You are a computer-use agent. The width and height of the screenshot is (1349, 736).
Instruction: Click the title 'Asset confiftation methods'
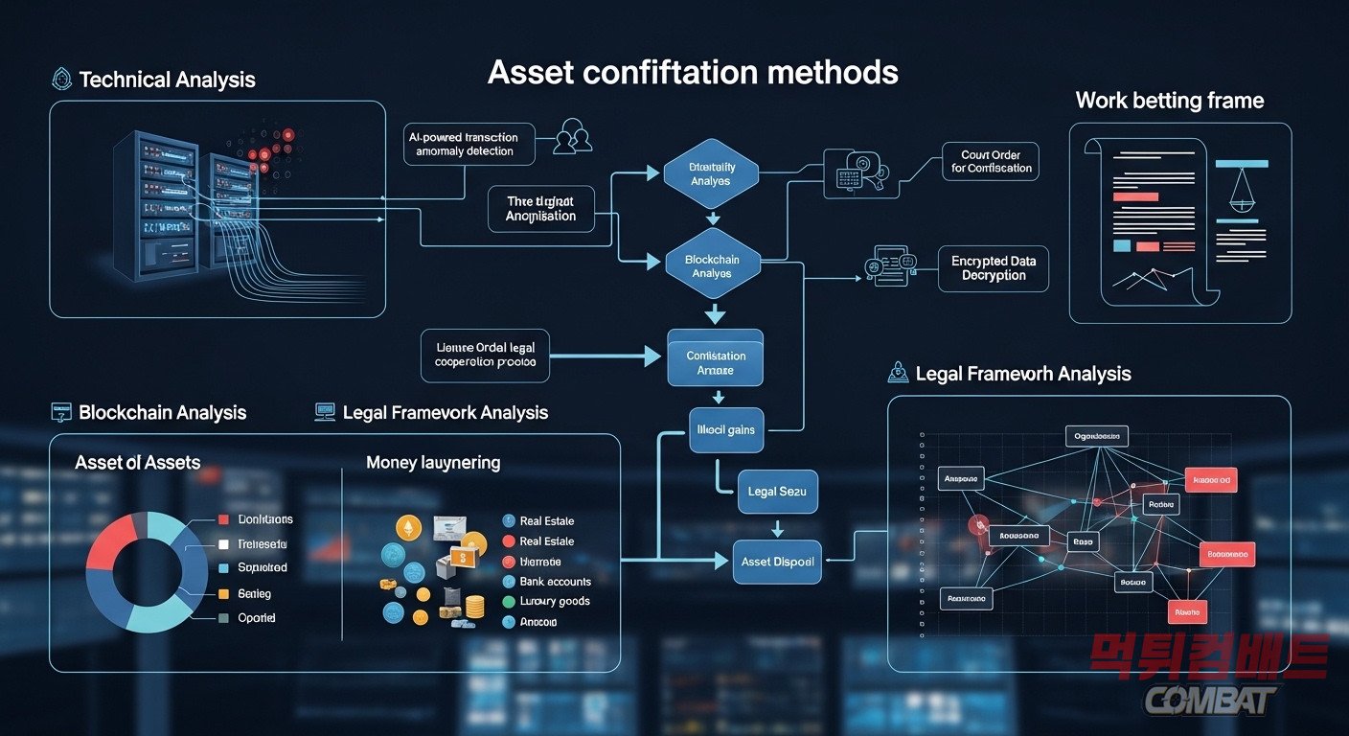coord(693,73)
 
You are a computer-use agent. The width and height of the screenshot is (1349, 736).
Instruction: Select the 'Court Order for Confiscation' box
coord(992,161)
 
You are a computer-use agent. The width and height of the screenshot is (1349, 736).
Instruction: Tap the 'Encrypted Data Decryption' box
coord(994,267)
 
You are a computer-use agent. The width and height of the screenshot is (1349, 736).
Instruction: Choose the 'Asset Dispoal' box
coord(777,562)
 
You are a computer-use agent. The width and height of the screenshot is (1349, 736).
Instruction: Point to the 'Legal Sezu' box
coord(776,491)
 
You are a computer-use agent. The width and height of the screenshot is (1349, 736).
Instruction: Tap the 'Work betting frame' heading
coord(1169,101)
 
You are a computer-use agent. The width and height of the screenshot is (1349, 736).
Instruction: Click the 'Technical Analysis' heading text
coord(167,80)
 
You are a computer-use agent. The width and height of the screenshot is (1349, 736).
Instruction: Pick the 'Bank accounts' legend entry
coord(555,582)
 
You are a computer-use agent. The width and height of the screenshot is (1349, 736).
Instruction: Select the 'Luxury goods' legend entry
coord(554,602)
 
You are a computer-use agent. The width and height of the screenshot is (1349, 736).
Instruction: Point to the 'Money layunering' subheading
coord(433,463)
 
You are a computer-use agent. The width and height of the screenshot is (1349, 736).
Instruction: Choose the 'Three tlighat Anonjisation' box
coord(540,209)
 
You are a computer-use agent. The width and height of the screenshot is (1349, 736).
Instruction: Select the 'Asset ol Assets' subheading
coord(137,463)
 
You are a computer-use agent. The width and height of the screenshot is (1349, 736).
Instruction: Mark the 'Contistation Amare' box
coord(716,362)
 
